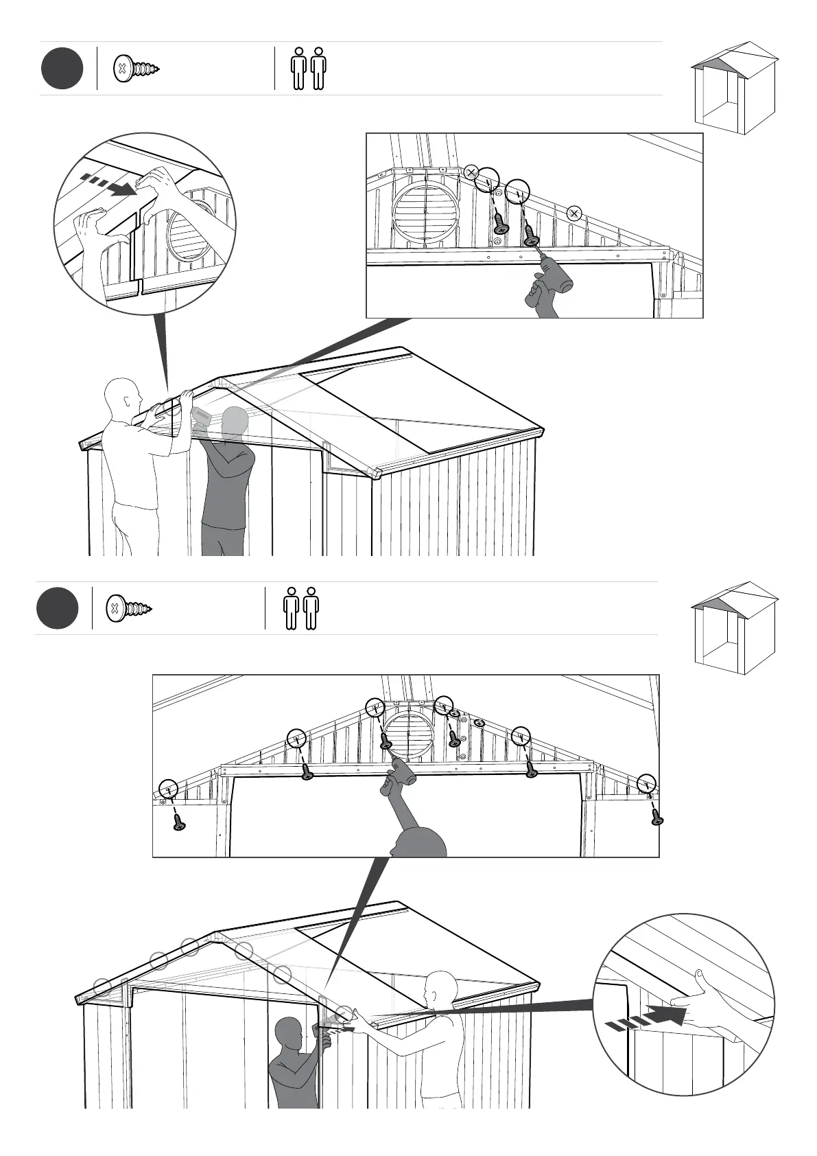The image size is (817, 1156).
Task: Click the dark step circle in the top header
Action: pos(62,69)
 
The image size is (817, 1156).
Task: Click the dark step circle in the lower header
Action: pos(57,608)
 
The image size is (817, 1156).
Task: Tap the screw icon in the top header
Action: pos(137,69)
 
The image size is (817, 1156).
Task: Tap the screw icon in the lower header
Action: pos(128,608)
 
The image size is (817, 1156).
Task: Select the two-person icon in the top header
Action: pos(308,69)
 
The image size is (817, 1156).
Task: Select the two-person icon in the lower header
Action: pos(301,608)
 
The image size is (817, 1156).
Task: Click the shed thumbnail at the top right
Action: pos(733,88)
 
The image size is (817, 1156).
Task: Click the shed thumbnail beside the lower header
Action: pos(734,627)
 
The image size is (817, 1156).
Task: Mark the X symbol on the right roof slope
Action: pos(575,213)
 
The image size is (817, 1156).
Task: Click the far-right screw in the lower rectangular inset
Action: pos(656,817)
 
